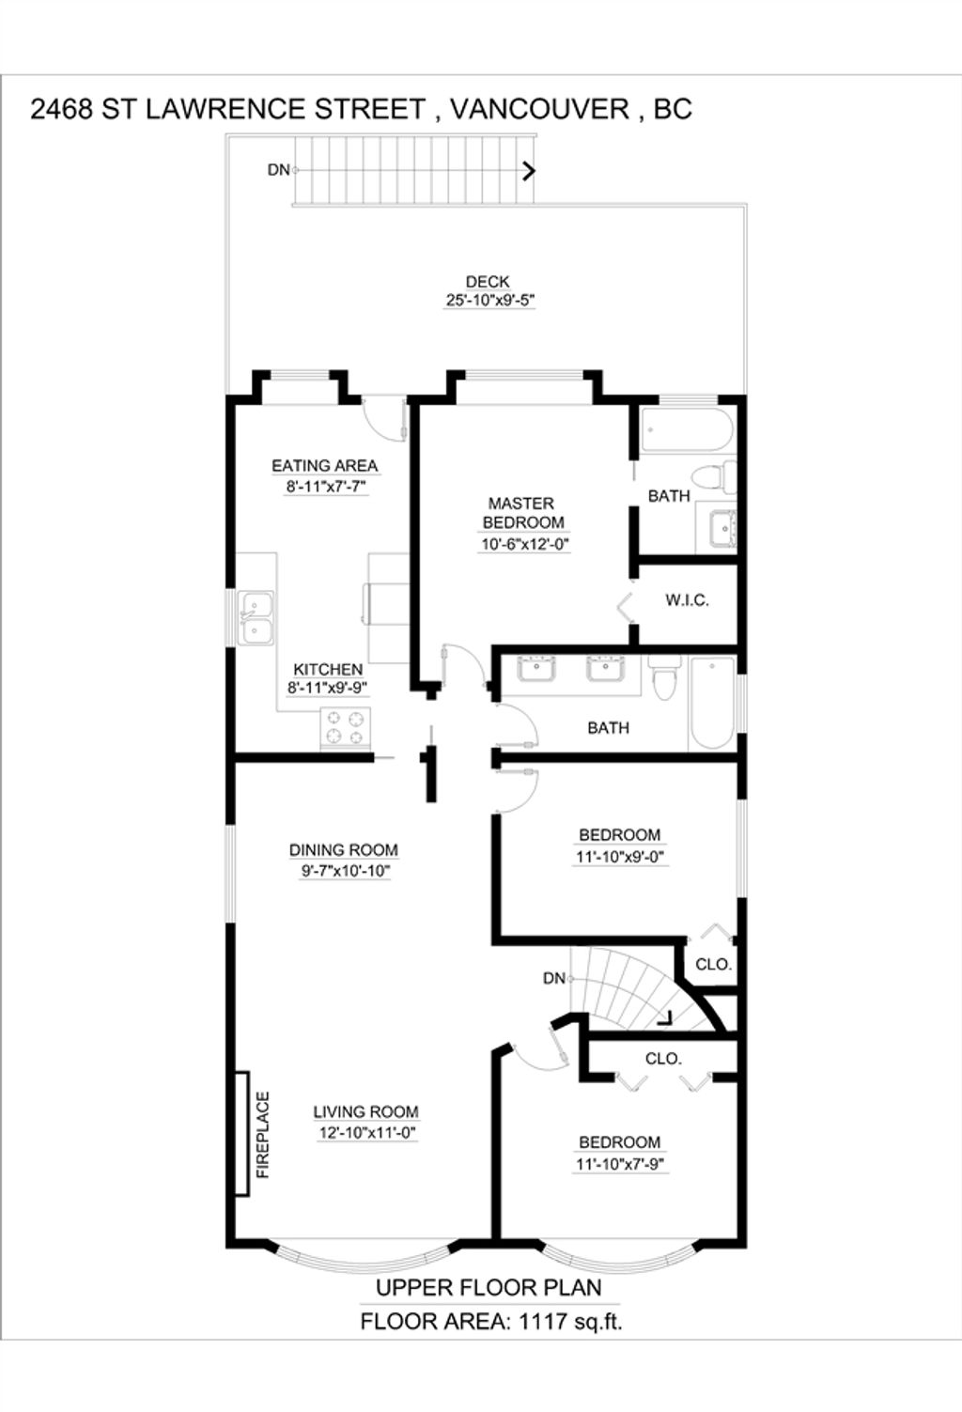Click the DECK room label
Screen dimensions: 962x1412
[x=488, y=282]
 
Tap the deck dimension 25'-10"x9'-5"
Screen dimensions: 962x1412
[x=489, y=301]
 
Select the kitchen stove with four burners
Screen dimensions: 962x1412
[x=346, y=728]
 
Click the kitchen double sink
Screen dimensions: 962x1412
[x=256, y=618]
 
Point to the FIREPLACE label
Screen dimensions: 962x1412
[x=263, y=1135]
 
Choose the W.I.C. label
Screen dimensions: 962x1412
[x=687, y=600]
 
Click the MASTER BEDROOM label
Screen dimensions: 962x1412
[x=522, y=513]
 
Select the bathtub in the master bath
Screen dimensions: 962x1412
[x=687, y=429]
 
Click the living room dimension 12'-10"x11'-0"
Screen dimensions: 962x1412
[x=367, y=1133]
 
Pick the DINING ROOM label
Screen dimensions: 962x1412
[x=344, y=849]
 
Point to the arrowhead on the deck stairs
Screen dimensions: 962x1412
[x=530, y=171]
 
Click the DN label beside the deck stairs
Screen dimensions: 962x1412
[x=279, y=169]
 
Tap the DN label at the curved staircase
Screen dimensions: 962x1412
[x=554, y=978]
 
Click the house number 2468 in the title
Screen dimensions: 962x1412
[x=61, y=109]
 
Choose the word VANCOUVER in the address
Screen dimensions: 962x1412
[x=539, y=109]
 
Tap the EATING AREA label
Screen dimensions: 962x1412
[x=325, y=466]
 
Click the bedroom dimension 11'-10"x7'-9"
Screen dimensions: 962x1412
[x=620, y=1164]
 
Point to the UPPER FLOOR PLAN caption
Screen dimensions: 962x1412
[x=489, y=1288]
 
